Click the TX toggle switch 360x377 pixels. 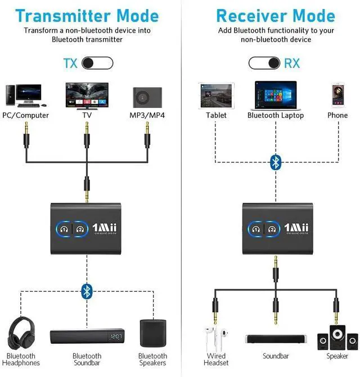pyautogui.click(x=97, y=62)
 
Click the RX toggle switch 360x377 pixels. pyautogui.click(x=264, y=62)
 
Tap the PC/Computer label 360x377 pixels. pyautogui.click(x=26, y=115)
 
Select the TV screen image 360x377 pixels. pyautogui.click(x=87, y=95)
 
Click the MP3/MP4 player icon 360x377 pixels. pyautogui.click(x=148, y=97)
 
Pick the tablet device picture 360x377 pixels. pyautogui.click(x=216, y=95)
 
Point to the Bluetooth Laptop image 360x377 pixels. pyautogui.click(x=276, y=95)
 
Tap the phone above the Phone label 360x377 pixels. pyautogui.click(x=337, y=95)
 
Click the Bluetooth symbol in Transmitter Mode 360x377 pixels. pyautogui.click(x=87, y=290)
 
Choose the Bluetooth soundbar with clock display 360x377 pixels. pyautogui.click(x=87, y=337)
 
